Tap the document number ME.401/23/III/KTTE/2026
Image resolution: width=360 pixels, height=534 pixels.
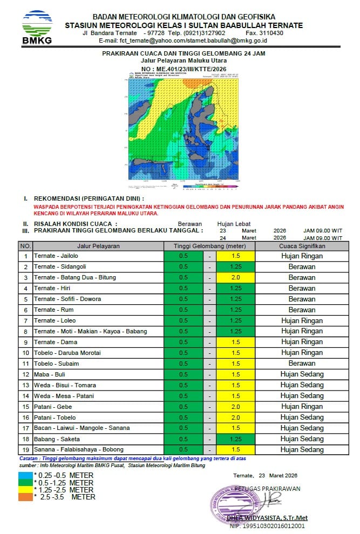pos(184,70)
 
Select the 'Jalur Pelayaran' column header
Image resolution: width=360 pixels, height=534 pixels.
pos(98,246)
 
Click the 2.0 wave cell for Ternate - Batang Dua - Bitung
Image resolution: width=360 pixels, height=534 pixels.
pos(235,277)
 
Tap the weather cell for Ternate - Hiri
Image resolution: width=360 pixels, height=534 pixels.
pos(302,288)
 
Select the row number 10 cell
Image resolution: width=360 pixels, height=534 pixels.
pos(25,353)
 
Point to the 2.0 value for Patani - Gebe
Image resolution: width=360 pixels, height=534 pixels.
pos(235,407)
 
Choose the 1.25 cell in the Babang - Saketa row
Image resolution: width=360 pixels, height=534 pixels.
pos(235,439)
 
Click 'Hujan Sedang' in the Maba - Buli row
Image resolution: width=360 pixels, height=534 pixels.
pos(302,374)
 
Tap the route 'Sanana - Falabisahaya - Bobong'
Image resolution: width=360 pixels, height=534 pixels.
pos(78,449)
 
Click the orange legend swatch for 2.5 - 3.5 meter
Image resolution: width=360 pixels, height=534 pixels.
pos(25,496)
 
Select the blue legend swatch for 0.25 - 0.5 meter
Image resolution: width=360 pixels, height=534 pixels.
pos(25,475)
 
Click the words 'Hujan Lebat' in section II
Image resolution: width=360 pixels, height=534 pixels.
pos(234,224)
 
